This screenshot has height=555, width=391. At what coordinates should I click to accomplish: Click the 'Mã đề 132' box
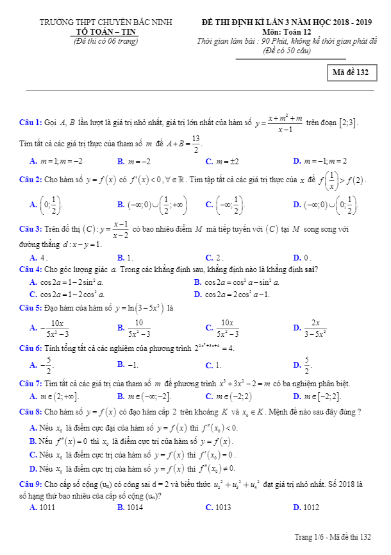(350, 73)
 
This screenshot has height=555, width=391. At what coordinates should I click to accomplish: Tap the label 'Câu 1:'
(31, 122)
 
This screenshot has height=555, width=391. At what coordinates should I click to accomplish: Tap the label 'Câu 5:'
(31, 308)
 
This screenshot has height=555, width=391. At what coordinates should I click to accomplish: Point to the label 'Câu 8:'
(31, 411)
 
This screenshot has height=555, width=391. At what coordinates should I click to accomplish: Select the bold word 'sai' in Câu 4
(311, 269)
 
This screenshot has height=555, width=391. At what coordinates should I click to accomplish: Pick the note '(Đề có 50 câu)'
(287, 50)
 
